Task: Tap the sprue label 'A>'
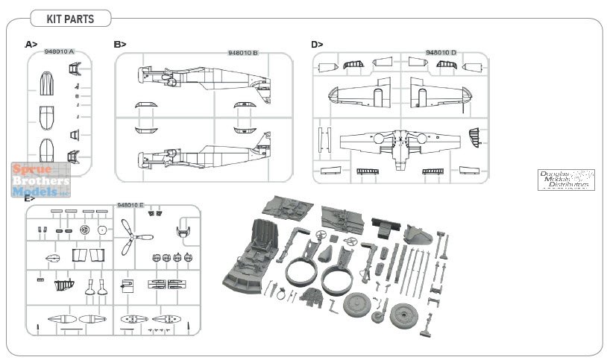[x=31, y=45]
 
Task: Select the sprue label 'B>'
[x=120, y=45]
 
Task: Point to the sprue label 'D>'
[x=317, y=45]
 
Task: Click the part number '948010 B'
[x=242, y=53]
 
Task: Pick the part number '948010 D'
[x=441, y=53]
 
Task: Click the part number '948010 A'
[x=59, y=52]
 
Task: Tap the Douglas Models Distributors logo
[x=567, y=180]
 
